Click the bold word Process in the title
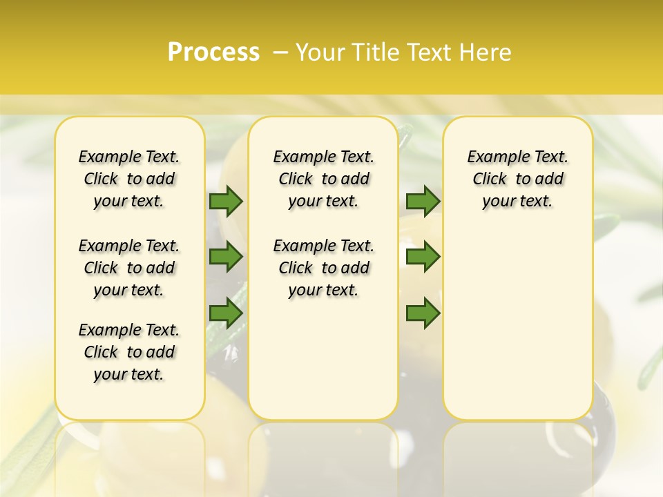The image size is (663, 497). point(213,52)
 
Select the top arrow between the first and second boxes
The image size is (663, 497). point(226,202)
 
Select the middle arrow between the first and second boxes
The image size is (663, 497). point(226,257)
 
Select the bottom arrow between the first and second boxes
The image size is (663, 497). point(226,313)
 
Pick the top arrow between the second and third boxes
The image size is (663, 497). point(423,202)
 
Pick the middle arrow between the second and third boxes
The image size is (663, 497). point(423,257)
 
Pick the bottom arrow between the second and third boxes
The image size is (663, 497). point(423,313)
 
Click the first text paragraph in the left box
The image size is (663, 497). point(129,179)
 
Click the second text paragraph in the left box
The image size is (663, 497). point(129,268)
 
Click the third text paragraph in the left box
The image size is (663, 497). point(129,352)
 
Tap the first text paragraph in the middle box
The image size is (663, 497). point(323,179)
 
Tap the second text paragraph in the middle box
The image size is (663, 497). point(323,268)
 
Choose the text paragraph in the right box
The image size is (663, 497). point(517,179)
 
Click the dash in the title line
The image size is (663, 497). point(280,52)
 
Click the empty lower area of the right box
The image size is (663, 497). point(517,331)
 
